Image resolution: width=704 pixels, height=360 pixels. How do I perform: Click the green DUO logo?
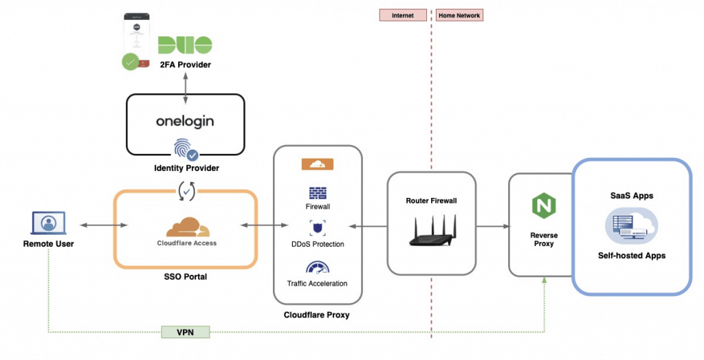point(185,45)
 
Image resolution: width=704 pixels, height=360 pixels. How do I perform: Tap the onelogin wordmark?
point(185,121)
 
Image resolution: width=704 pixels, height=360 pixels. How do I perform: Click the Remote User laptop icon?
point(49,223)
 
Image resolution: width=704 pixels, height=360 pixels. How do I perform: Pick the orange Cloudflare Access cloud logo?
point(188,227)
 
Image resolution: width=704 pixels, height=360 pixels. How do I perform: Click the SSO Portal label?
point(186,276)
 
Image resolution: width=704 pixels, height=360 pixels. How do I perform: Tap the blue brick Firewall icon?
point(318,194)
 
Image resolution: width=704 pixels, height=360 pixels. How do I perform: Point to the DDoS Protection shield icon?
point(318,228)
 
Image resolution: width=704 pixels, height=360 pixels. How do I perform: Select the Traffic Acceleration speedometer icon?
point(318,268)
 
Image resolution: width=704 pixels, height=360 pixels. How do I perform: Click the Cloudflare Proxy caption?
point(316,315)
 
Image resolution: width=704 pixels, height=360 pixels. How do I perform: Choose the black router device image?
point(432,230)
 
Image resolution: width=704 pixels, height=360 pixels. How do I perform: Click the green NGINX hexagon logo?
point(544,205)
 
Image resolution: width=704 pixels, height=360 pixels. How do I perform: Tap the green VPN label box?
point(186,332)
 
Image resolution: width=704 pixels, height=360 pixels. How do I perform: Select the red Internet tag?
point(403,15)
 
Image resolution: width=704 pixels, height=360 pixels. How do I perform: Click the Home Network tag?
point(459,15)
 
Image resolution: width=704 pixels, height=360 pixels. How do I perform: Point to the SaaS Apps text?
point(632,196)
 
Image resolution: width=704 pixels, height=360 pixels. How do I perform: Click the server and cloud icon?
point(631,225)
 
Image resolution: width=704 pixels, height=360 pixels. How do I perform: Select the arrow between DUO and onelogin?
point(186,88)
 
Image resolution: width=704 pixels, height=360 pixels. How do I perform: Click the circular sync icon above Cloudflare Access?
point(186,191)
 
